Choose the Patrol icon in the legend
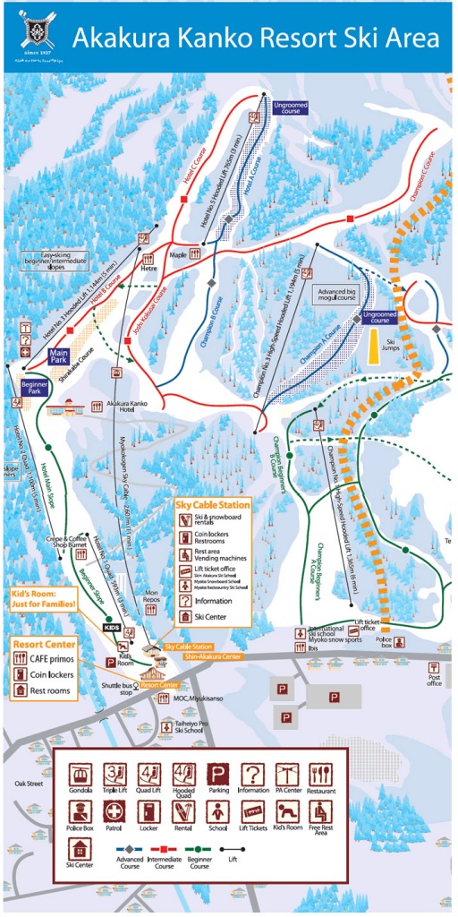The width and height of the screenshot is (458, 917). coord(114,811)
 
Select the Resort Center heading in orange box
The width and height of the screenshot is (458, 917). coord(42,644)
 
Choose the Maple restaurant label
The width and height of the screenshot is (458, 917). coord(178,254)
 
